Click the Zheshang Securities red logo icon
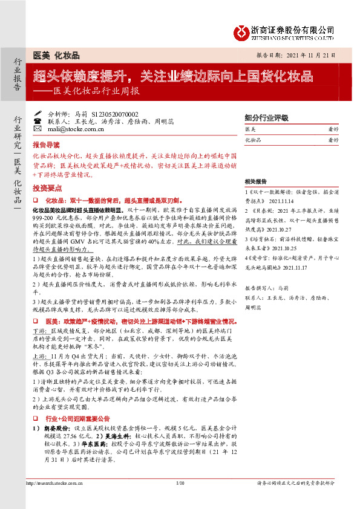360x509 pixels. (241, 30)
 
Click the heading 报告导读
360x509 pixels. (47, 146)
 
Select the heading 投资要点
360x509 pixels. (47, 188)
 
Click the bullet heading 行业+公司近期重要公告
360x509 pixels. (79, 401)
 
